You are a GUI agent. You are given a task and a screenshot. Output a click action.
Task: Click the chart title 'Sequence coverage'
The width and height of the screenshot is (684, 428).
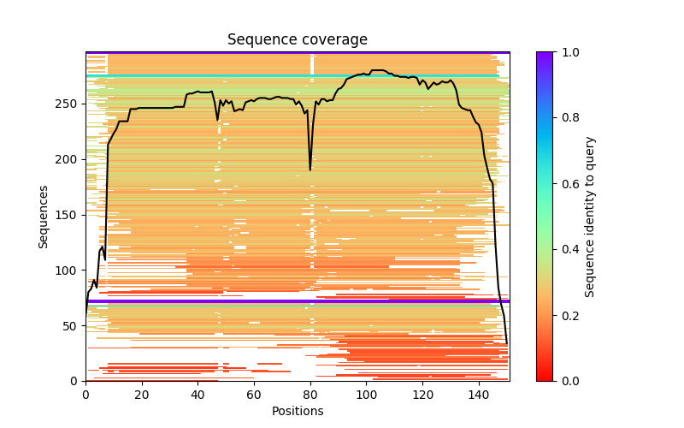coord(297,39)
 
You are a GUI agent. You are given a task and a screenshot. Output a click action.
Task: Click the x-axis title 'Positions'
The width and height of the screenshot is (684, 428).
coord(297,411)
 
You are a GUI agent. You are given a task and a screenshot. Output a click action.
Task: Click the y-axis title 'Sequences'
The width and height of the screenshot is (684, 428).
coord(43,217)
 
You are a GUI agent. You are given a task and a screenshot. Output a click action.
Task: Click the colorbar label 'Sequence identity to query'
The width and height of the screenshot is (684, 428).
coord(590,217)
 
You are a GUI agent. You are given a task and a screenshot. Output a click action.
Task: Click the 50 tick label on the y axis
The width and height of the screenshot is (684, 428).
coord(71,325)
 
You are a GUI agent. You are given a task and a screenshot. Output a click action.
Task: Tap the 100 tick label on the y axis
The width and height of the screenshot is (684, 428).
coord(68,270)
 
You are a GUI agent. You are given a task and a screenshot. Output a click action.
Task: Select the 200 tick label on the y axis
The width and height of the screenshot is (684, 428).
coord(68,159)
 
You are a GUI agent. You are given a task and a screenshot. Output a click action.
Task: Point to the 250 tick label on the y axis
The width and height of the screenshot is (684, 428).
coord(68,104)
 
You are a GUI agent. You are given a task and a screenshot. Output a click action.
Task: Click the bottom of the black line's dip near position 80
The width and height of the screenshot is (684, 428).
coord(310,169)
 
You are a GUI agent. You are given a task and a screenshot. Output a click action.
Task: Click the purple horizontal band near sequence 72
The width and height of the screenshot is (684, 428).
coord(297,300)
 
